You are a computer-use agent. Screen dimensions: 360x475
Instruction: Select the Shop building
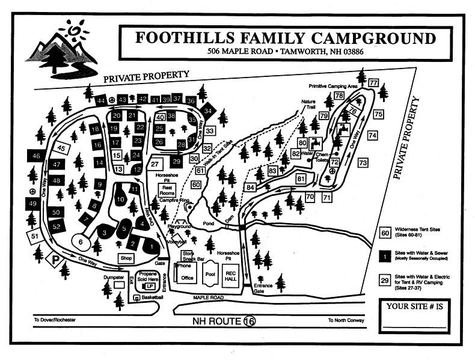click(126, 258)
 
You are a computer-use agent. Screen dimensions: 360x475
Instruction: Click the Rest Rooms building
click(167, 190)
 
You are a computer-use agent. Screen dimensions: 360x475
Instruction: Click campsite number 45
click(61, 147)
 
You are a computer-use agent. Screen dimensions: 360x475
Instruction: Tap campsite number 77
click(373, 83)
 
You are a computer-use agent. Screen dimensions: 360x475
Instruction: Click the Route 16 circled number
click(249, 321)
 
